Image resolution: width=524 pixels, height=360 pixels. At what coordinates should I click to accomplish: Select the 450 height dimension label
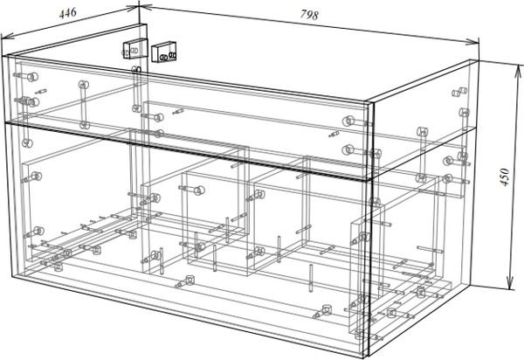(502, 179)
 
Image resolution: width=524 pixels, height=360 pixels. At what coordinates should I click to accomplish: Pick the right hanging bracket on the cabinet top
(164, 52)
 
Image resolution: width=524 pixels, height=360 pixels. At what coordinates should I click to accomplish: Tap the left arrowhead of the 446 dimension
(4, 37)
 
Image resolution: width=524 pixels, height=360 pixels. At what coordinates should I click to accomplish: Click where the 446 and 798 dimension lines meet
(139, 6)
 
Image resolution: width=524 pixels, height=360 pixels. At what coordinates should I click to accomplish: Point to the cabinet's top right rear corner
(479, 59)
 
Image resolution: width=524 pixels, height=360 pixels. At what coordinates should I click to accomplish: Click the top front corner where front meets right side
(372, 101)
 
